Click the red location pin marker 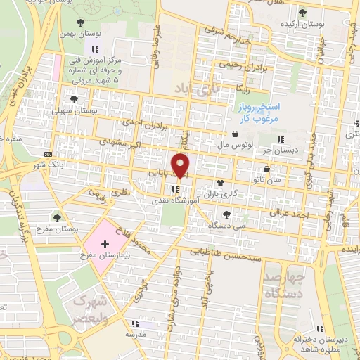tap(181, 165)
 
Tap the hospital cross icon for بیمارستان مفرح tap(105, 245)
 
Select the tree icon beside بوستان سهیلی tap(75, 99)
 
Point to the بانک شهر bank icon tap(48, 153)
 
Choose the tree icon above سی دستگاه tap(226, 214)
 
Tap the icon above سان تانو tap(267, 169)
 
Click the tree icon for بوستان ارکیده tap(302, 13)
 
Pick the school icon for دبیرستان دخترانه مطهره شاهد tap(319, 328)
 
